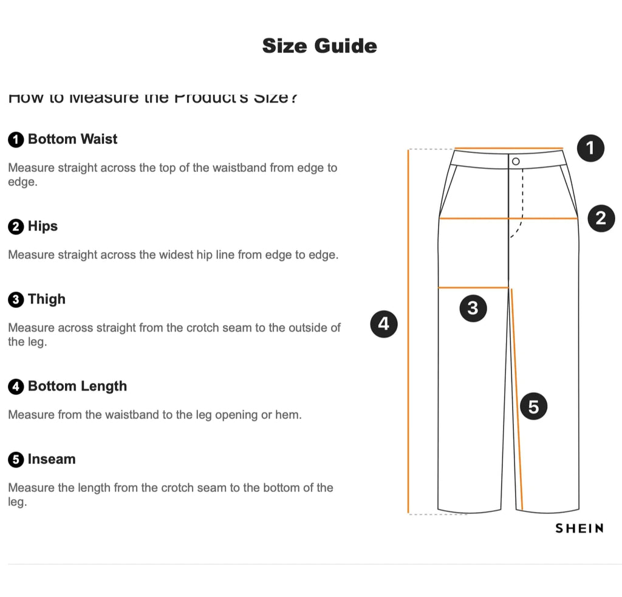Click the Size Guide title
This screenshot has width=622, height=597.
click(320, 46)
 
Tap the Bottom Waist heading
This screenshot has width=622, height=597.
click(72, 139)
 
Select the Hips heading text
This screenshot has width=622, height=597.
click(43, 227)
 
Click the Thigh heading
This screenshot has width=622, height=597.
click(46, 299)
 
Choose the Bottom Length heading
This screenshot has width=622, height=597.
click(77, 386)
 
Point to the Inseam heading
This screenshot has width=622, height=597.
click(52, 459)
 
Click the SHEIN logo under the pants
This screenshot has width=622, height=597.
click(579, 528)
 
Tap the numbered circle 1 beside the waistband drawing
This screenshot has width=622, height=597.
click(590, 148)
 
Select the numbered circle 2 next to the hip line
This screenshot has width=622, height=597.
click(601, 218)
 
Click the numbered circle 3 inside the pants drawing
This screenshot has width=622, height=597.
click(473, 309)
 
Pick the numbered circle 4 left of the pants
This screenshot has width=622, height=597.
click(383, 324)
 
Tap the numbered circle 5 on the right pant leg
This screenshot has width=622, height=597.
click(533, 406)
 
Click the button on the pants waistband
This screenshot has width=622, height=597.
click(516, 161)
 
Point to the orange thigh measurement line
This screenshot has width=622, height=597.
click(473, 287)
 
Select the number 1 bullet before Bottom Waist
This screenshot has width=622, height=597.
click(16, 140)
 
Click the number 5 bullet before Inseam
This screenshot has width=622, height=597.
click(16, 460)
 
